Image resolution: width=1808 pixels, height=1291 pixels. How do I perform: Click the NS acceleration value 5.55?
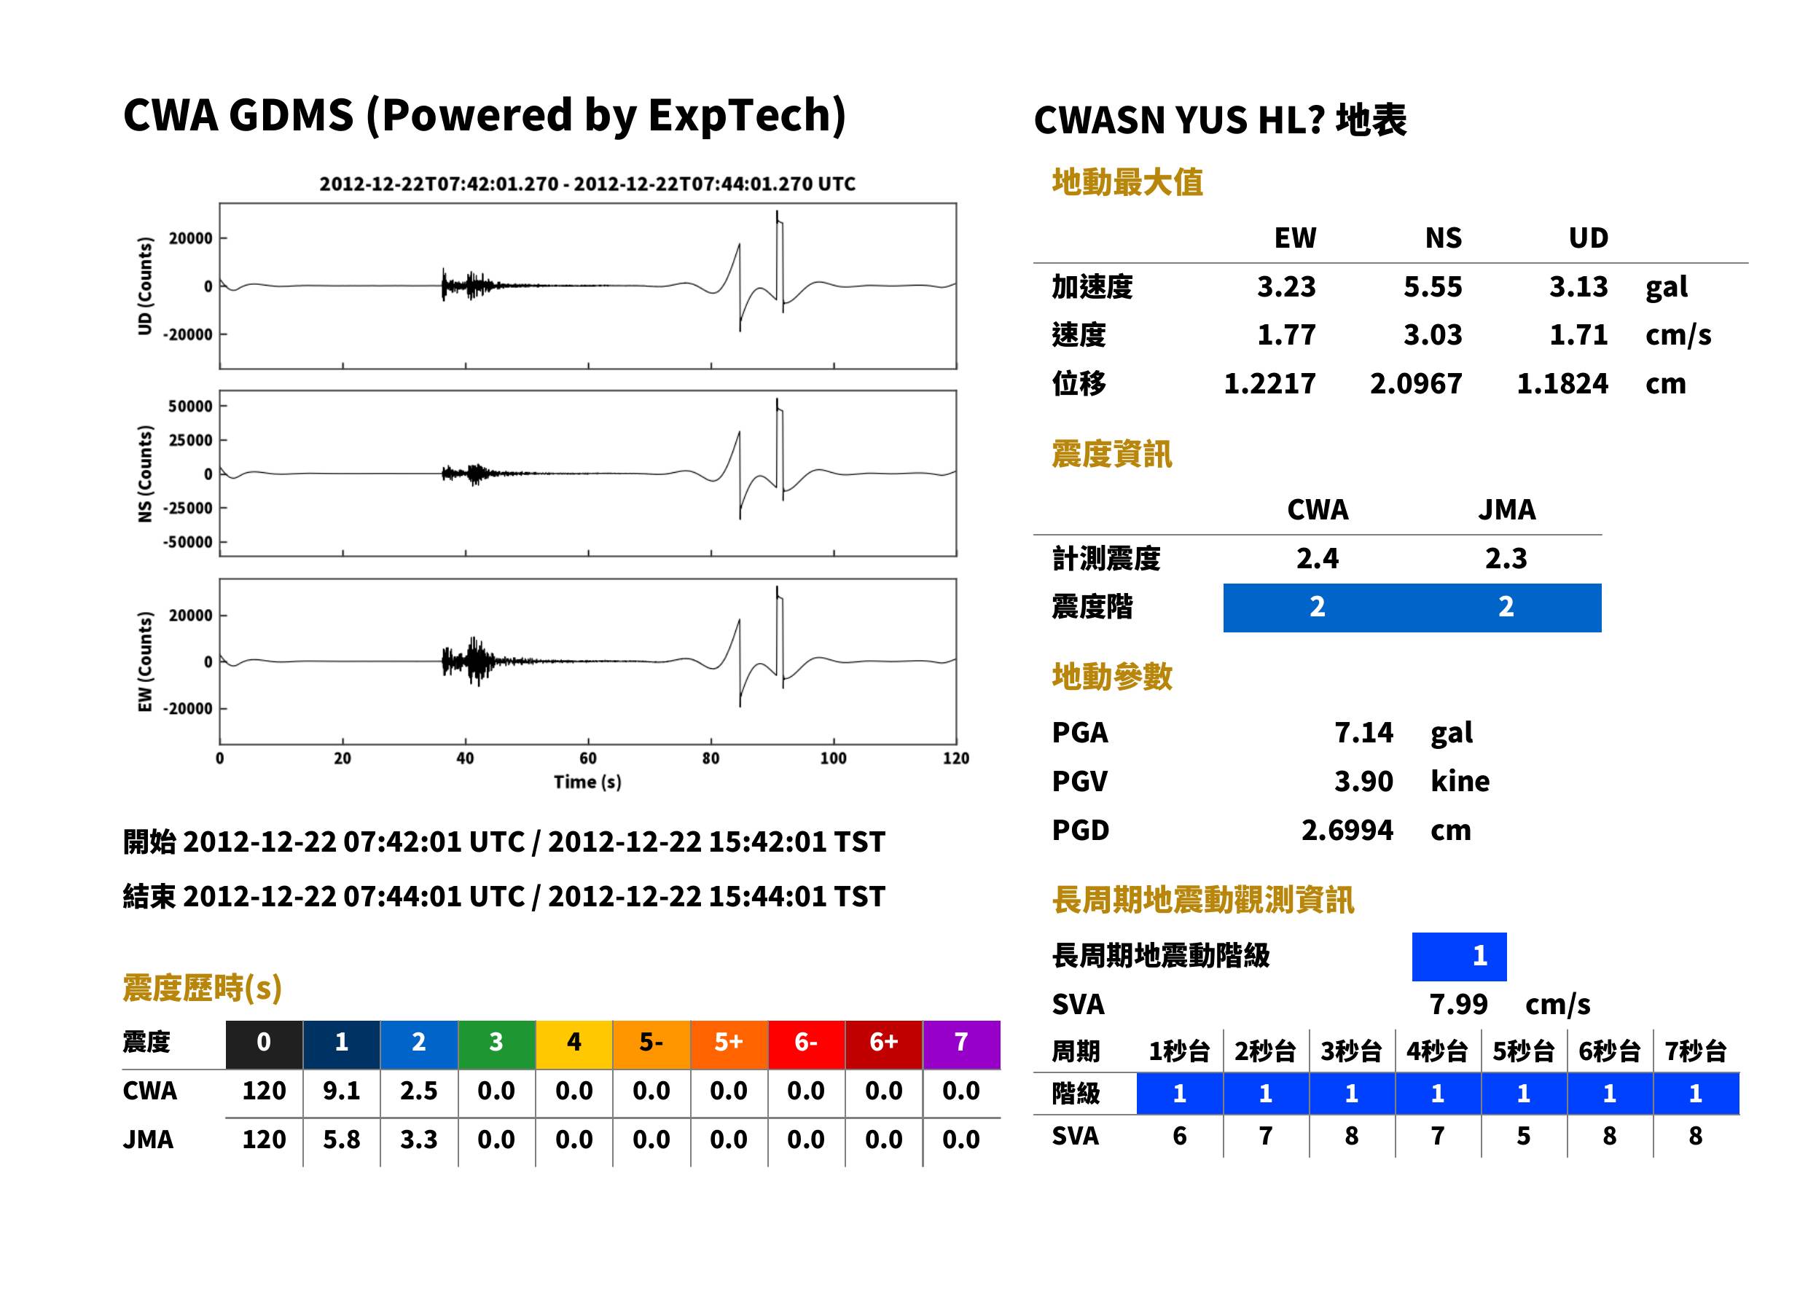(x=1432, y=286)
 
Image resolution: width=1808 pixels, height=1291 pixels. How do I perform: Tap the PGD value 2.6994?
(x=1347, y=830)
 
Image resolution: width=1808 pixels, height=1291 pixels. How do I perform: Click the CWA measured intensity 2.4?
(x=1318, y=558)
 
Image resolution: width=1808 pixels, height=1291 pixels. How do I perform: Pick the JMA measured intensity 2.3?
(x=1506, y=558)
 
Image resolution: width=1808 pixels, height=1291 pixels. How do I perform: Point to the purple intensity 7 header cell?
(x=961, y=1043)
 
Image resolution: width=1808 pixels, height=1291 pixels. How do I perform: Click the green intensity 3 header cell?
(x=496, y=1043)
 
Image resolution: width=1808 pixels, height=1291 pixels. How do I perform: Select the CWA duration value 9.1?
(x=341, y=1091)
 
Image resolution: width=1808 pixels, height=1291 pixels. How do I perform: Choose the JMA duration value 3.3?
(x=418, y=1139)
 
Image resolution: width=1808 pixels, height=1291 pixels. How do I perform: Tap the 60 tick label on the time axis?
(x=587, y=758)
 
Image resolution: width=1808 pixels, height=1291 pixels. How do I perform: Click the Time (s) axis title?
(x=587, y=782)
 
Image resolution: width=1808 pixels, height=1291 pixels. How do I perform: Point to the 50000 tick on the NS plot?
(x=190, y=407)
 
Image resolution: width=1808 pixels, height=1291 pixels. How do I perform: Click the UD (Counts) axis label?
(x=145, y=286)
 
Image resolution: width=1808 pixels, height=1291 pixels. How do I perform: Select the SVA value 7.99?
(x=1458, y=1004)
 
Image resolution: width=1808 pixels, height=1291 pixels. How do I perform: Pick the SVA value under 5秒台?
(x=1523, y=1136)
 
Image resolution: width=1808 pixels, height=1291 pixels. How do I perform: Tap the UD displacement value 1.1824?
(x=1562, y=383)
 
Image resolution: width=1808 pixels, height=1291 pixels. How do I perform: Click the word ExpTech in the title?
(x=740, y=114)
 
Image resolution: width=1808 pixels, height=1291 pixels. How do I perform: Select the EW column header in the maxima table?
(x=1295, y=238)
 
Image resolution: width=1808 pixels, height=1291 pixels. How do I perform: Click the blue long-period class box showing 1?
(x=1459, y=957)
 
